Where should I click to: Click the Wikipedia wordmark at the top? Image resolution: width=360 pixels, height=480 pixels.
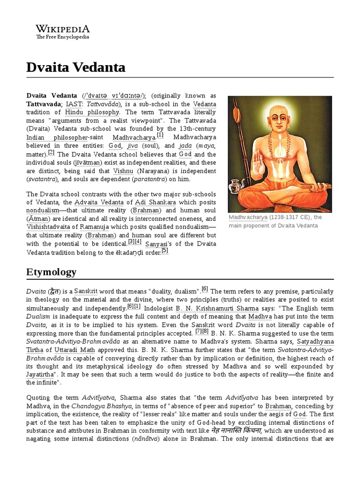coord(62,29)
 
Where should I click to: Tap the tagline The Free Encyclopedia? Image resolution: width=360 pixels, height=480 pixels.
coord(62,37)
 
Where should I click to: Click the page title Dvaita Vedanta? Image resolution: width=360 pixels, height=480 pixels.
coord(76,67)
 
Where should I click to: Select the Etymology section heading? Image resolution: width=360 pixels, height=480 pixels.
coord(51,272)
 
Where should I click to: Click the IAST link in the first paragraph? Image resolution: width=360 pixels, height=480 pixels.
coord(73,104)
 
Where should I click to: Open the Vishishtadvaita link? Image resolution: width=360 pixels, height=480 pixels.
coord(52,227)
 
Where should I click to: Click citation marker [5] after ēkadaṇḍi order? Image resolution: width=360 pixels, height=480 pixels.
coord(165,250)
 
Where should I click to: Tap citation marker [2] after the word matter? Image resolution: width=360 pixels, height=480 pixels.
coord(51,152)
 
